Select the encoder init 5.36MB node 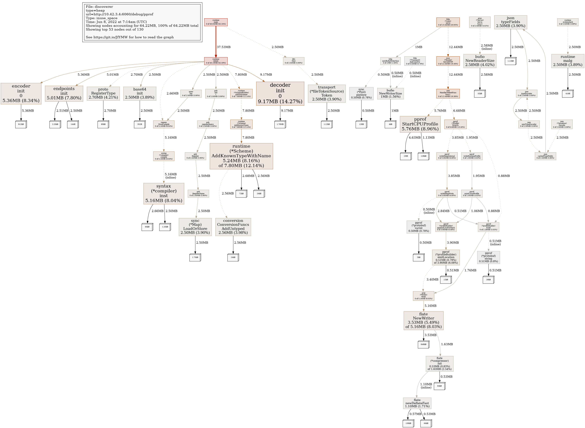(x=21, y=94)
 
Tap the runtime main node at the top (x=216, y=22)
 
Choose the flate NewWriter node (x=423, y=320)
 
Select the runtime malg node (x=568, y=61)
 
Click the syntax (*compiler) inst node (x=164, y=194)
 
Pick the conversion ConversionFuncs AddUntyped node (x=233, y=227)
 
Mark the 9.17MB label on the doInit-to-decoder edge (x=266, y=75)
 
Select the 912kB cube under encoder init (x=21, y=124)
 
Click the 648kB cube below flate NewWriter (x=423, y=344)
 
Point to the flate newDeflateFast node (x=417, y=403)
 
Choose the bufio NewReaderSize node (x=480, y=61)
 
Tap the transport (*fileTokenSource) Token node (x=327, y=94)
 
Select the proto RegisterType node (x=103, y=94)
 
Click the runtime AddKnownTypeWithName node (x=241, y=156)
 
